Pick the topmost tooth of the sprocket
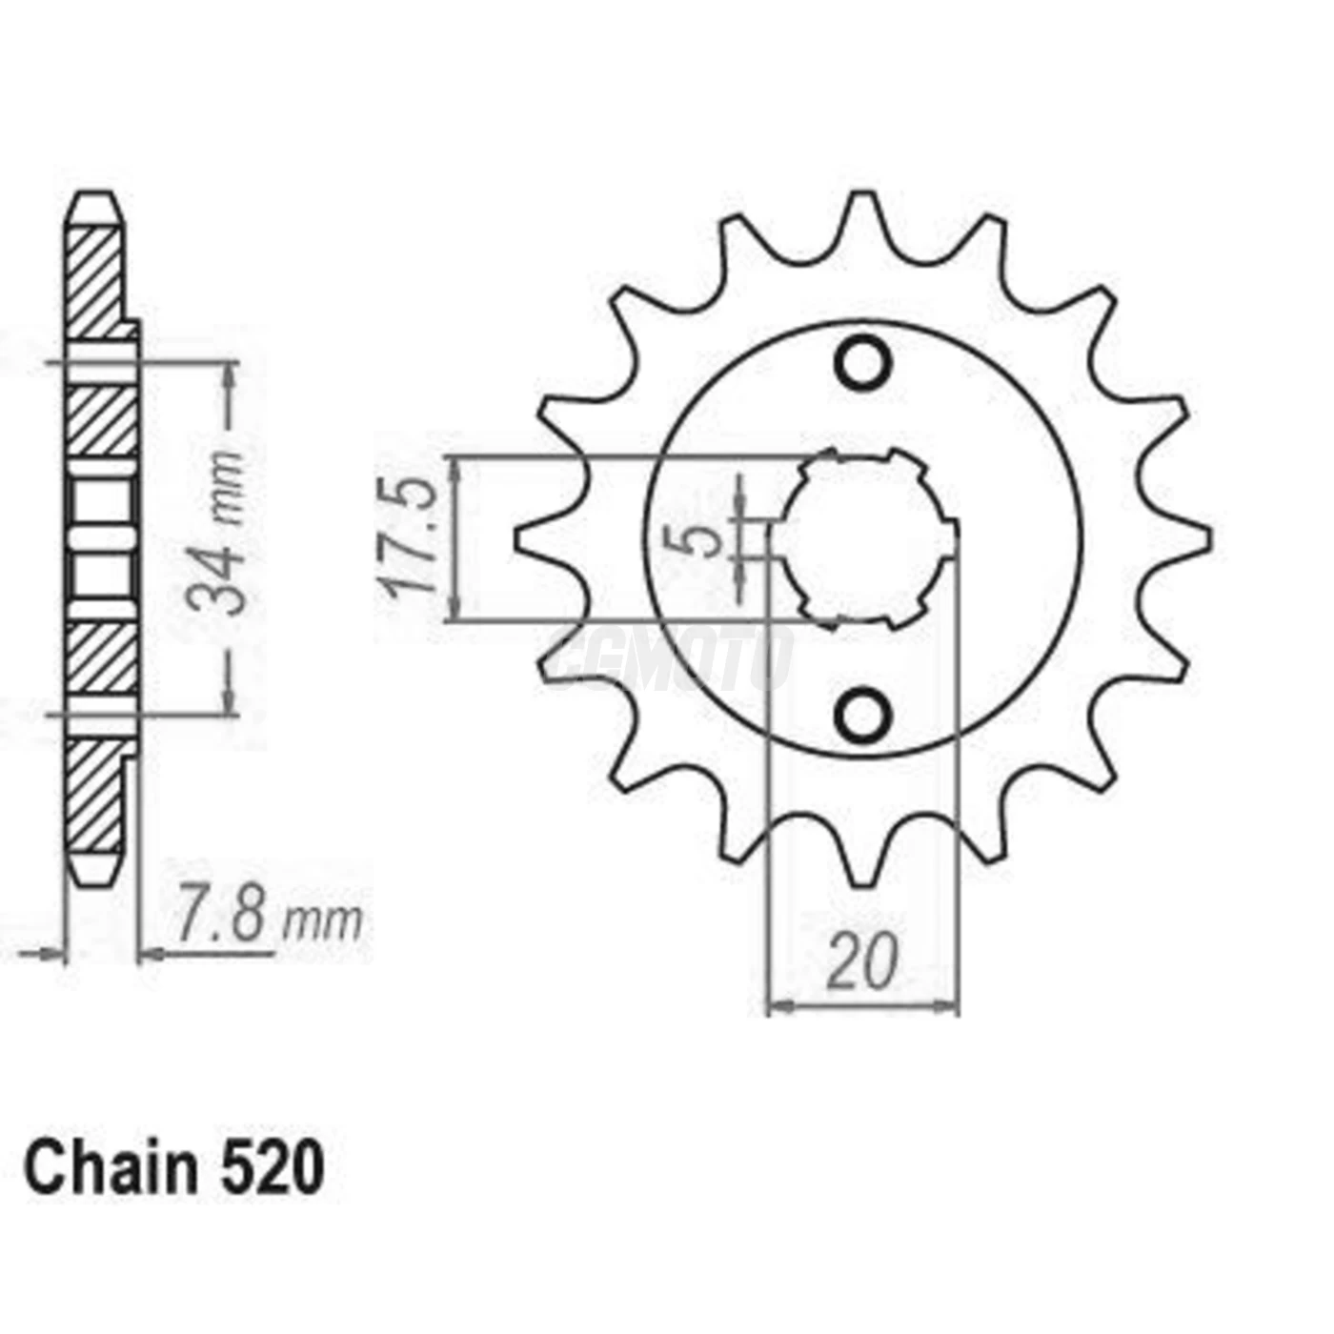click(863, 214)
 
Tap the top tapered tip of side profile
click(95, 205)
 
